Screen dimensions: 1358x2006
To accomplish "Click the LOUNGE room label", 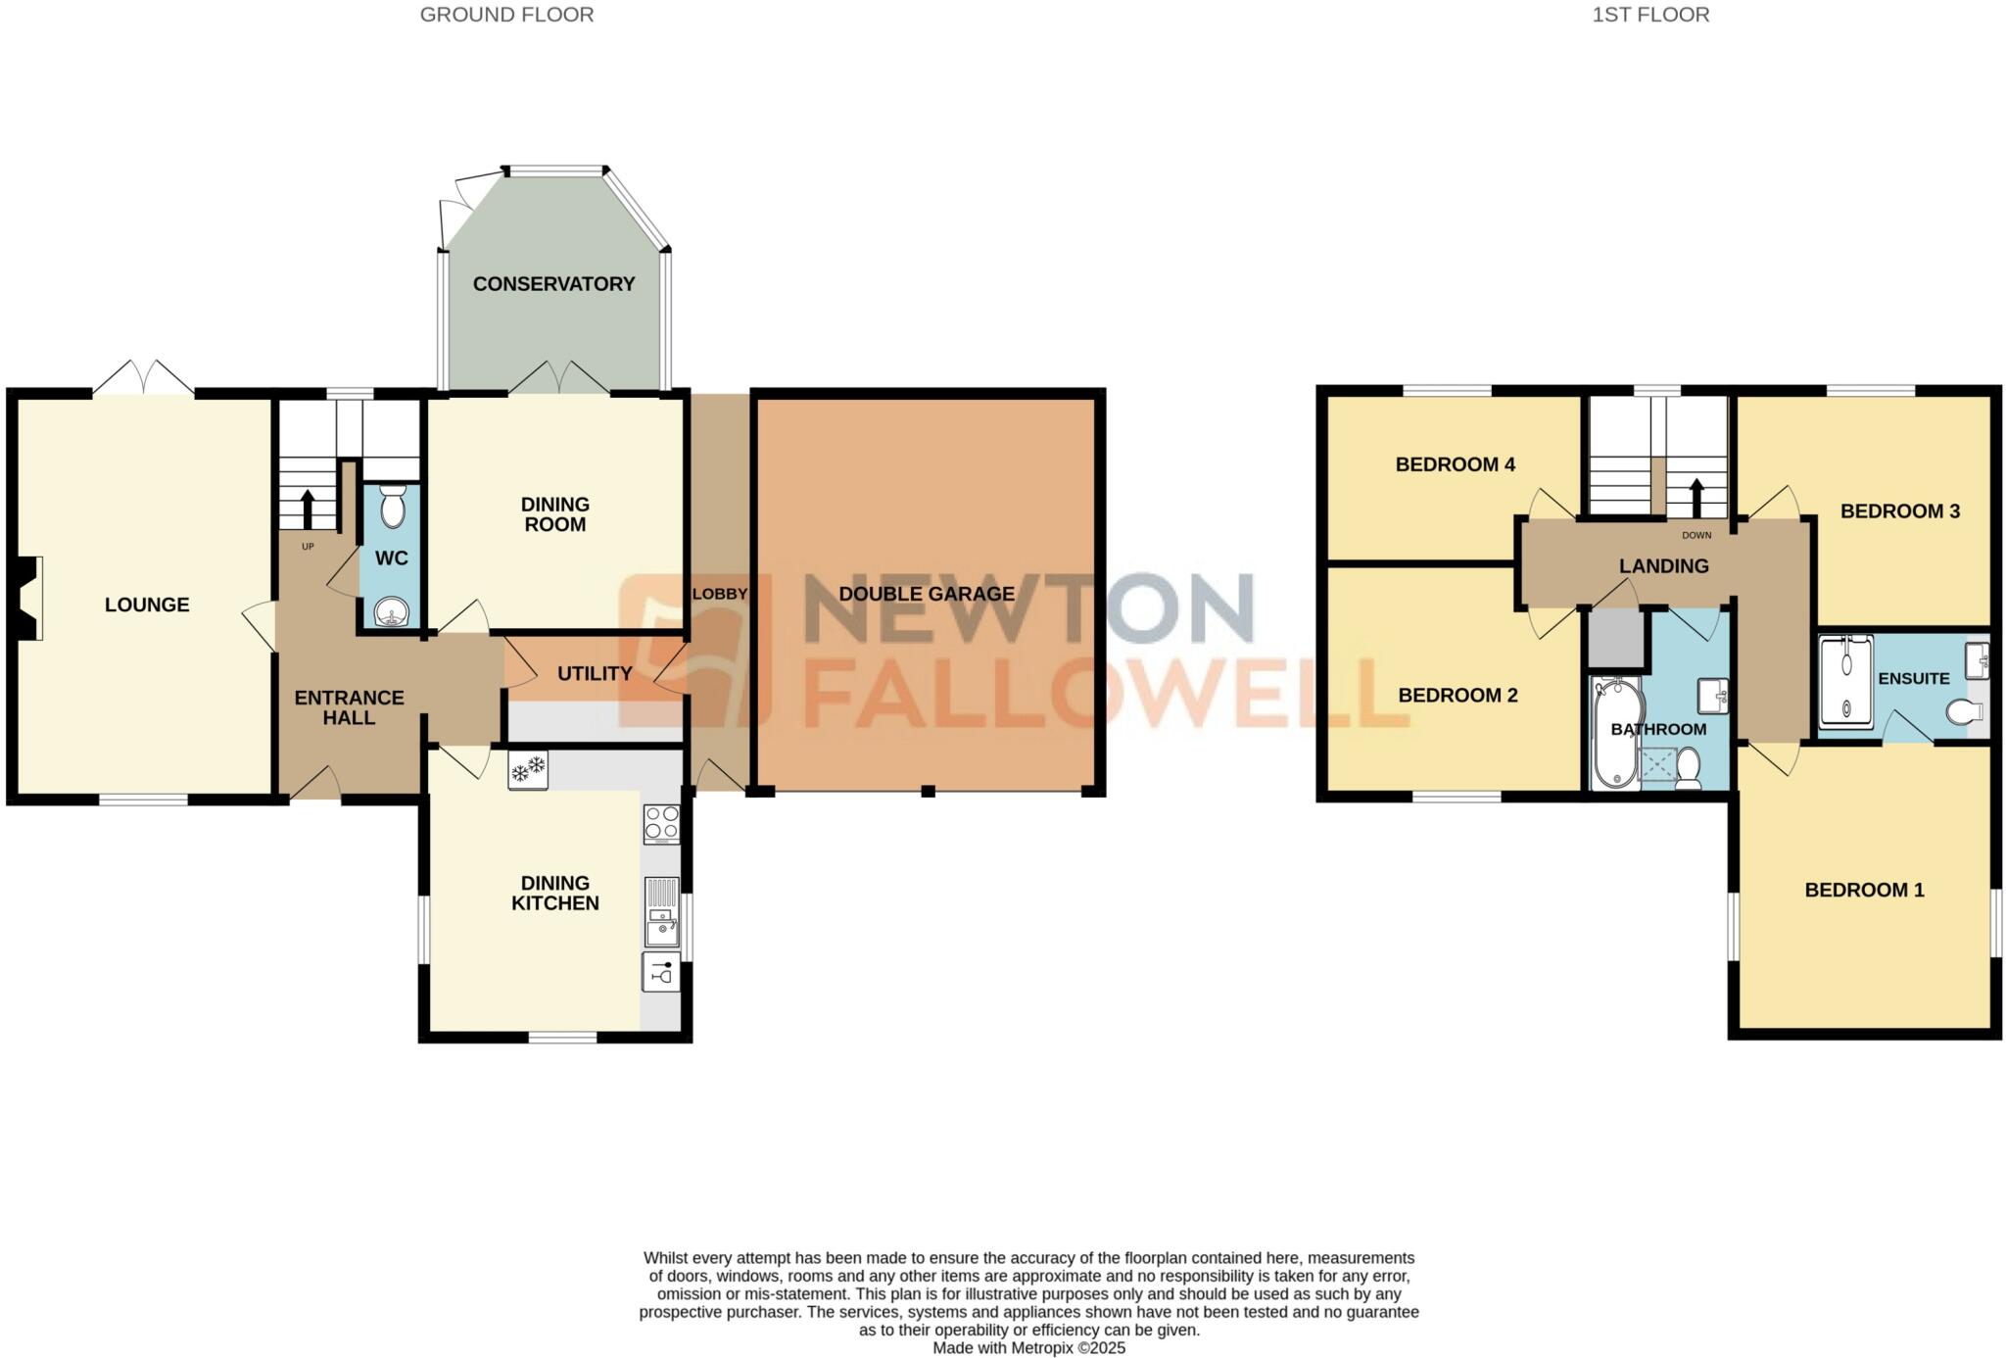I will click(x=147, y=605).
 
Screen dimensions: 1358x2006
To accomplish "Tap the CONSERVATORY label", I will click(x=553, y=284).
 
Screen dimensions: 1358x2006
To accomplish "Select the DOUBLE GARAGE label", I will click(x=926, y=594).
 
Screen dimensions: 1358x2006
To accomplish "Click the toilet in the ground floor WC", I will click(x=392, y=508).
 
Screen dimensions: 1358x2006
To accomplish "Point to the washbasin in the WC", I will click(x=392, y=613).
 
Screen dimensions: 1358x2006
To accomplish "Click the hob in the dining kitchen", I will click(x=661, y=823).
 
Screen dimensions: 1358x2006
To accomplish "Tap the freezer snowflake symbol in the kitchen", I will click(x=528, y=771).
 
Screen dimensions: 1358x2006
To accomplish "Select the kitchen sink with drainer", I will click(x=662, y=912).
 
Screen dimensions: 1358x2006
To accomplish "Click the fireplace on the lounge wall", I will click(x=31, y=598).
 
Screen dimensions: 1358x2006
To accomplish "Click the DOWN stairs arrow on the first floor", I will click(x=1696, y=497).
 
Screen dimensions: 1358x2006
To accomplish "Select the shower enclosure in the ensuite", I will click(x=1845, y=682).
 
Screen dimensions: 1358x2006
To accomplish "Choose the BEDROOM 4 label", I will click(x=1455, y=464).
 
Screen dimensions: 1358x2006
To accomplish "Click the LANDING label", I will click(x=1663, y=566).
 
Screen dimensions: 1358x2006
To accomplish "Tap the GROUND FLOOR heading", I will click(x=506, y=15).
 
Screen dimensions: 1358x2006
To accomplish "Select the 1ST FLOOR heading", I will click(x=1650, y=15).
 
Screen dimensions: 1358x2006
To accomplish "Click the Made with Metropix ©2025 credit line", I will click(x=1028, y=1348).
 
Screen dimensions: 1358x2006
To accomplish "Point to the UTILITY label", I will click(x=595, y=674).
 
